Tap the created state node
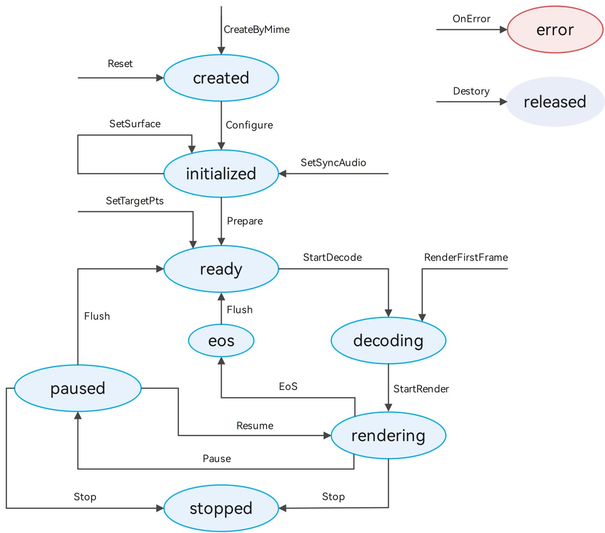[x=221, y=78]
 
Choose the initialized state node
[x=221, y=174]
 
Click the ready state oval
[x=221, y=269]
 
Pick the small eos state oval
[x=221, y=340]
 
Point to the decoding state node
[x=388, y=340]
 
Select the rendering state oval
[x=388, y=435]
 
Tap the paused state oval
[x=78, y=388]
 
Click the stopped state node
[x=221, y=508]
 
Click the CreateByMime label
[x=257, y=30]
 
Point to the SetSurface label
[x=135, y=124]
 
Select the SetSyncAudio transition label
[x=333, y=163]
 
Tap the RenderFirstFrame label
[x=466, y=257]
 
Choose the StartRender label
[x=421, y=389]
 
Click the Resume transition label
[x=255, y=425]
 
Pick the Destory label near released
[x=471, y=91]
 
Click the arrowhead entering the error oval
[x=503, y=30]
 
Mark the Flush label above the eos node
[x=239, y=310]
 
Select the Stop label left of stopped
[x=85, y=497]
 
